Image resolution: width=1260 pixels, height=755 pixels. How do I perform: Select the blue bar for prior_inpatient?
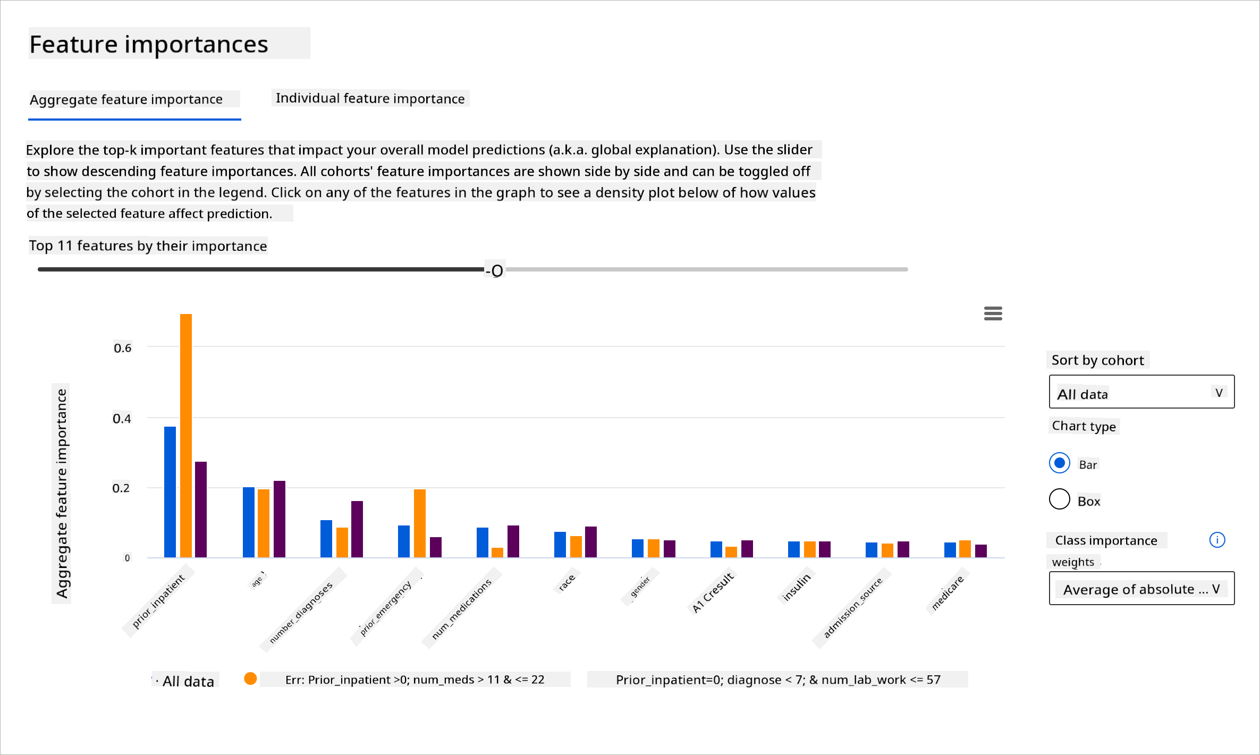click(x=170, y=491)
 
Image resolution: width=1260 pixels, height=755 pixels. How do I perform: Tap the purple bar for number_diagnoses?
click(x=357, y=529)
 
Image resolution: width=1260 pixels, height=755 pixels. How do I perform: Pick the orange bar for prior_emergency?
click(x=420, y=523)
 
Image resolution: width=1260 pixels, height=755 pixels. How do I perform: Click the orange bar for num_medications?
click(x=497, y=553)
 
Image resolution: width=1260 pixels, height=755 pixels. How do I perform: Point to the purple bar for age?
click(x=280, y=519)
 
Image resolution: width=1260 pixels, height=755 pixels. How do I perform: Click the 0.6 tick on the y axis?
click(x=123, y=348)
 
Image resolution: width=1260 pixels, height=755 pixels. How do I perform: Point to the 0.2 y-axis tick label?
click(x=121, y=488)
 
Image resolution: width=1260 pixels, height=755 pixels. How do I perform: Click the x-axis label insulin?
click(x=797, y=587)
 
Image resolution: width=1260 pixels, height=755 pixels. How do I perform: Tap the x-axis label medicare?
click(x=948, y=592)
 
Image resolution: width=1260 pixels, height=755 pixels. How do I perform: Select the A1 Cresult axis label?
click(x=713, y=592)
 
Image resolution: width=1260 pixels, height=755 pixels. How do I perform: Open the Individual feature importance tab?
click(x=370, y=98)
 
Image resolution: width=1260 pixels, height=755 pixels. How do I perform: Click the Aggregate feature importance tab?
click(x=126, y=99)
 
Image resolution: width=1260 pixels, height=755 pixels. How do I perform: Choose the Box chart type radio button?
click(x=1060, y=499)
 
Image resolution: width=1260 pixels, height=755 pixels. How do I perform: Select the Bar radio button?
click(x=1060, y=463)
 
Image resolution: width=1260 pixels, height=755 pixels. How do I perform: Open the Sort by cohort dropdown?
click(x=1141, y=392)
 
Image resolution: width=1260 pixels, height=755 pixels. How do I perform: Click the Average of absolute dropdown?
click(x=1141, y=588)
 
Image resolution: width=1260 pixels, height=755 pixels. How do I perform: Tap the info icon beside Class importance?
click(x=1217, y=540)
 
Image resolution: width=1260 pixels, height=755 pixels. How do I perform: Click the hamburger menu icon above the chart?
click(x=993, y=313)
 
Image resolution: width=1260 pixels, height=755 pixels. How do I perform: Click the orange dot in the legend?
click(x=250, y=678)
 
